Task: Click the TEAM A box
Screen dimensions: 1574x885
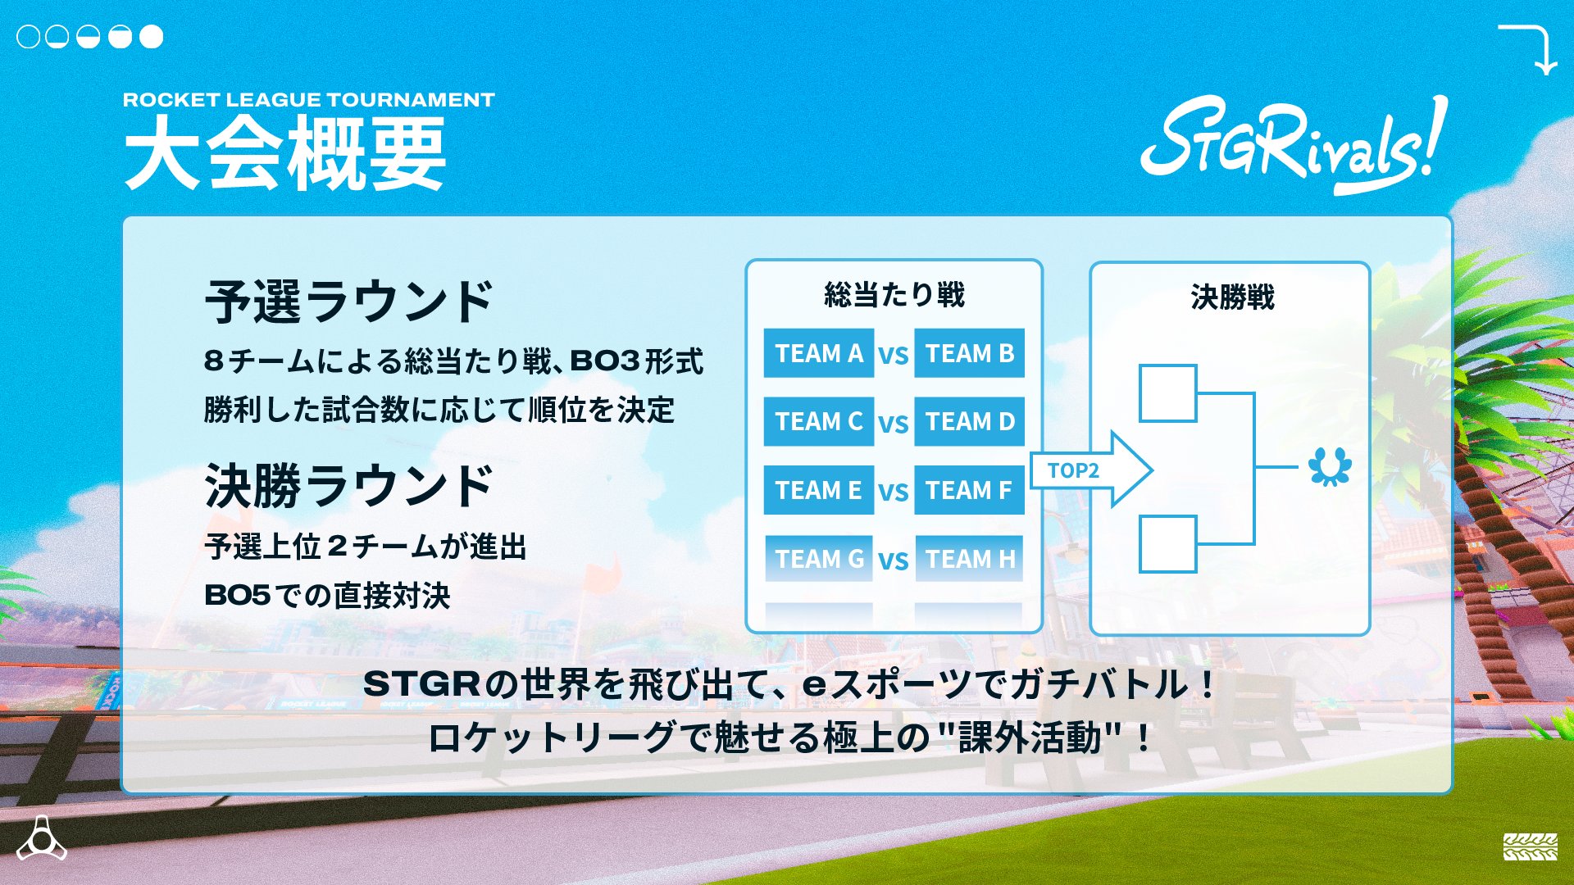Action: [818, 353]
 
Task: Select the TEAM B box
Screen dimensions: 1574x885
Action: [969, 353]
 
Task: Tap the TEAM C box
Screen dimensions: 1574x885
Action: [818, 421]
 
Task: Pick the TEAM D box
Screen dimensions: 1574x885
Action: [969, 421]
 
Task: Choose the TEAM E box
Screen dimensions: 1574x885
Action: [818, 490]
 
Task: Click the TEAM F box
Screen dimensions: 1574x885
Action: [969, 490]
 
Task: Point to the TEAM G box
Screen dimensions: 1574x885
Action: [818, 559]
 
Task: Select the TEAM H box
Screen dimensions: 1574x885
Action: [969, 559]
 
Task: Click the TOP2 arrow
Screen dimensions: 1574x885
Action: [1090, 470]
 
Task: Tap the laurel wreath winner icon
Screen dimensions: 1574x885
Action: [1330, 466]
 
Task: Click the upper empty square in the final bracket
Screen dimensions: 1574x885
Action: [1167, 393]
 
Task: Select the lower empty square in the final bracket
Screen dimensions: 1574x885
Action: [1167, 543]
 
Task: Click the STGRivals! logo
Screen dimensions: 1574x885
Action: [1294, 144]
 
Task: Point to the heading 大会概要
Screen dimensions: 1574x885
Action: [285, 152]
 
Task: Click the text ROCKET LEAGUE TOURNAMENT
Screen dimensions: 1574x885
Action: [308, 100]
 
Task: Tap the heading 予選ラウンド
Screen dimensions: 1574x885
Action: [348, 302]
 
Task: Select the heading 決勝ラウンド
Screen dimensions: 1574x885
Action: [348, 485]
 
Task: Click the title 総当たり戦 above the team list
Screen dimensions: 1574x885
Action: [894, 294]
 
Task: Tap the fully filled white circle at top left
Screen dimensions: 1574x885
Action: [152, 37]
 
